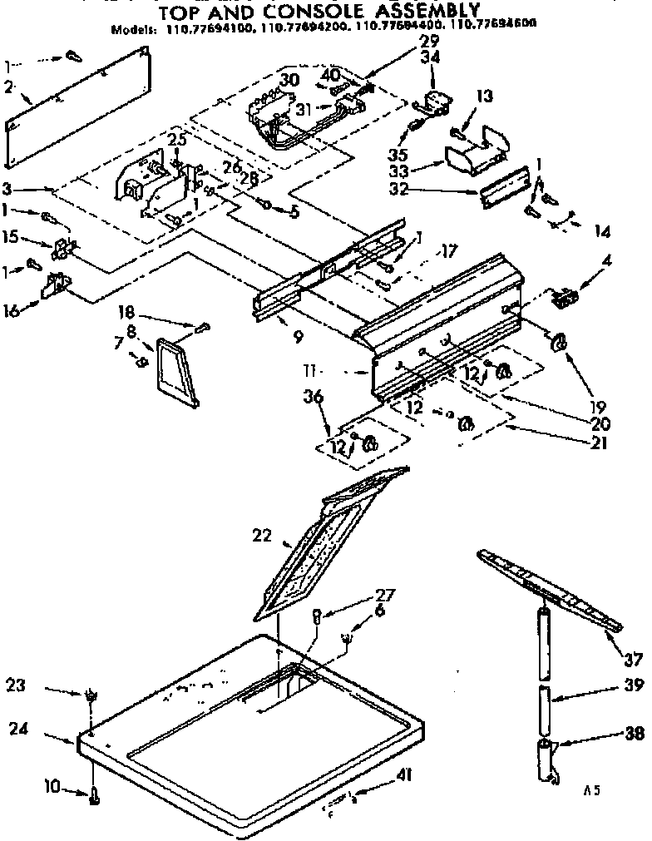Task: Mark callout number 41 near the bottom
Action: pyautogui.click(x=404, y=774)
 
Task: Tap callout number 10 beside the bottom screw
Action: pyautogui.click(x=51, y=785)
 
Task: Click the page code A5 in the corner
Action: pyautogui.click(x=591, y=792)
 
